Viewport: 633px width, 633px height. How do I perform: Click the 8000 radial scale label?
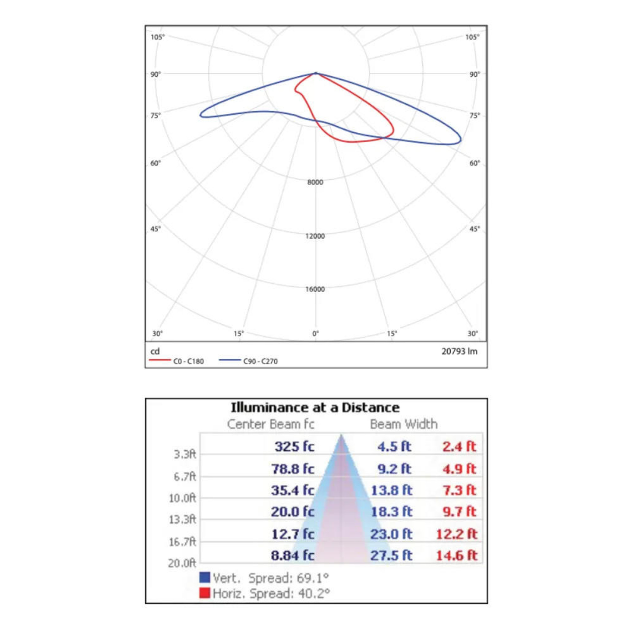pos(315,182)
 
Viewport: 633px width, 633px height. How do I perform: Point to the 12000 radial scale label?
pos(315,236)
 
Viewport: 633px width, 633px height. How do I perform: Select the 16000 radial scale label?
pos(315,289)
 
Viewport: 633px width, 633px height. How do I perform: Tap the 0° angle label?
pos(315,334)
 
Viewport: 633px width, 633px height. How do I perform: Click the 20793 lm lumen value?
pos(459,351)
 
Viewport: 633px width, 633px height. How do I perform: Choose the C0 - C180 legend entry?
pos(188,361)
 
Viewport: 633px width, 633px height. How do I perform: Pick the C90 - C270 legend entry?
pos(260,361)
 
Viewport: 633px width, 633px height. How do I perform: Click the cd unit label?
pos(155,351)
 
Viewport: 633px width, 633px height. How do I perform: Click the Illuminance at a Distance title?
pos(315,408)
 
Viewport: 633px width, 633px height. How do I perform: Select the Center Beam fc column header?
pos(271,424)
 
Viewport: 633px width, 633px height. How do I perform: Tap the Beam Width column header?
pos(403,424)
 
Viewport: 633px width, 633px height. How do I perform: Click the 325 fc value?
pos(294,446)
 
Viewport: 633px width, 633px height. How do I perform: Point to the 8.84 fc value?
pos(293,555)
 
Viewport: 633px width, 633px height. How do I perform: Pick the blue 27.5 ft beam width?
pos(391,555)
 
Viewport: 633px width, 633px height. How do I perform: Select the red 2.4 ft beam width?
pos(459,446)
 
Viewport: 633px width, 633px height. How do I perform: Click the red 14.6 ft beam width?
pos(456,555)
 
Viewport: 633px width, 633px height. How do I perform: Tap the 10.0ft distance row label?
pos(182,498)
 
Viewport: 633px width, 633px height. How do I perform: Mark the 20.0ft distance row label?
pos(182,563)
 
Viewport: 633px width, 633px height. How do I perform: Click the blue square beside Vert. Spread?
pos(205,577)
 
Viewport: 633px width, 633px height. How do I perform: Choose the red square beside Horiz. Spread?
pos(205,593)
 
